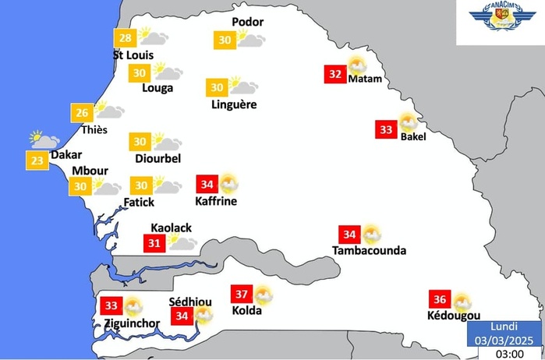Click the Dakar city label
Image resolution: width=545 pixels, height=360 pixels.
[x=66, y=155]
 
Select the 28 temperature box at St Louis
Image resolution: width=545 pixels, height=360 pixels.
[x=125, y=38]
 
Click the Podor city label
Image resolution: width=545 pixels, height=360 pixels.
[x=249, y=23]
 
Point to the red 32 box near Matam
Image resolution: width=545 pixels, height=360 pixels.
[x=335, y=75]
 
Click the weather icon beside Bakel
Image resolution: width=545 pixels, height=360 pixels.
[x=408, y=122]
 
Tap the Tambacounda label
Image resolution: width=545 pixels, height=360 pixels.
[x=369, y=251]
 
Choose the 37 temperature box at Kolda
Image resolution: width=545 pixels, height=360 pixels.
[x=242, y=295]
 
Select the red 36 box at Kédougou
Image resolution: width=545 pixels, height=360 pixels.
[x=440, y=300]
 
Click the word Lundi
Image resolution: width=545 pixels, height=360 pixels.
[x=503, y=326]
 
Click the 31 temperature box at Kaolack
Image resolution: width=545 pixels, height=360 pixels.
[x=154, y=243]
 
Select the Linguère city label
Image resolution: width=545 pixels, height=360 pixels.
[x=233, y=104]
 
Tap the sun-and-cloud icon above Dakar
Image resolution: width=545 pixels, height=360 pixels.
[x=44, y=140]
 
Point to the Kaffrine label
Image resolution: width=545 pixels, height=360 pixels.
[x=216, y=201]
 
